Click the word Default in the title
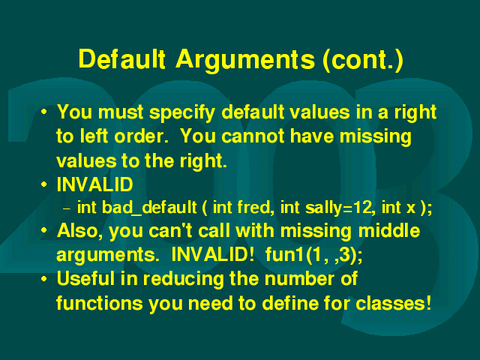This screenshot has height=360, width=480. [x=122, y=58]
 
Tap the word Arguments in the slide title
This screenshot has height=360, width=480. [x=245, y=60]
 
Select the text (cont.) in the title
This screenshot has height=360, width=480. [x=363, y=60]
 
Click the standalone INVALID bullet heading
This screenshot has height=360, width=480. [x=95, y=184]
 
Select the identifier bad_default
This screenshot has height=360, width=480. [x=149, y=208]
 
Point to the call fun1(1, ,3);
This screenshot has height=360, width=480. [x=313, y=255]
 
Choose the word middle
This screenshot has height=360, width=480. [x=389, y=230]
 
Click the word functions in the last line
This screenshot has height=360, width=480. [x=100, y=303]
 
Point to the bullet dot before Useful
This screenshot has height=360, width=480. [x=44, y=279]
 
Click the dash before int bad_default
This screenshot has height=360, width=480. [x=67, y=209]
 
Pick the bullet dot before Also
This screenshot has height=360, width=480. [x=44, y=230]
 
